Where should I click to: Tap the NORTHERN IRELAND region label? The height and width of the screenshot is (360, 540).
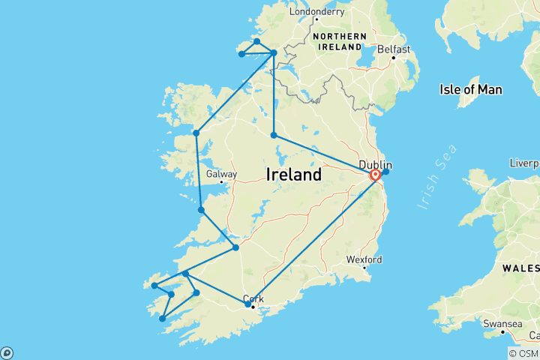[x=340, y=41]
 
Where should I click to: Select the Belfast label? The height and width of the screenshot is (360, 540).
[x=394, y=49]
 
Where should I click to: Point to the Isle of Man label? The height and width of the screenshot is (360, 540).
[x=470, y=90]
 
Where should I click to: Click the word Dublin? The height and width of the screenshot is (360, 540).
[x=374, y=164]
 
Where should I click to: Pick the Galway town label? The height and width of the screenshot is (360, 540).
[x=221, y=174]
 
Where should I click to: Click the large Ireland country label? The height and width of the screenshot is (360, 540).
[x=294, y=175]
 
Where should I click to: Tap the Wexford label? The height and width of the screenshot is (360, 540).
[x=364, y=259]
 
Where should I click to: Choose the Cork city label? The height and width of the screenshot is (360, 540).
[x=253, y=298]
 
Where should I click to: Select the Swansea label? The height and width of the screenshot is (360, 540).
[x=502, y=324]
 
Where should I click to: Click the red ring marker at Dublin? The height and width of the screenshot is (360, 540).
[x=375, y=175]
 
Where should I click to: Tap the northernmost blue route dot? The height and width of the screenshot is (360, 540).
[x=257, y=42]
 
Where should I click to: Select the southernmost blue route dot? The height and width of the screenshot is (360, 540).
[x=162, y=319]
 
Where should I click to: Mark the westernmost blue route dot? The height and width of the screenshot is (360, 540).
[x=154, y=286]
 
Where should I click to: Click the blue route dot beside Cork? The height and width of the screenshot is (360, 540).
[x=248, y=304]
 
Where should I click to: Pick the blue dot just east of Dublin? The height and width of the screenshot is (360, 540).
[x=386, y=172]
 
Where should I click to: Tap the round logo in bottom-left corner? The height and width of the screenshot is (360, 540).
[x=7, y=352]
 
